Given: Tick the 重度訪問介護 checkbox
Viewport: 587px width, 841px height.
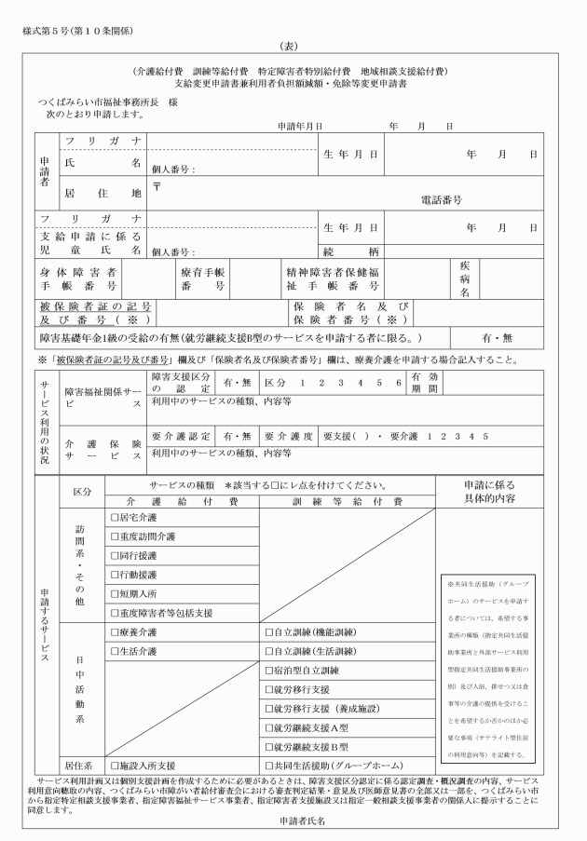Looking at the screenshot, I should point(115,536).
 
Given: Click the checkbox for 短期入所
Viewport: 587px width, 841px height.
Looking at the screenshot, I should point(115,593).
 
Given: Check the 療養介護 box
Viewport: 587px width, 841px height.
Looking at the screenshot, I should point(115,631).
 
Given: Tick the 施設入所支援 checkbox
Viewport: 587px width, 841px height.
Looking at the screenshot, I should point(115,766).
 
